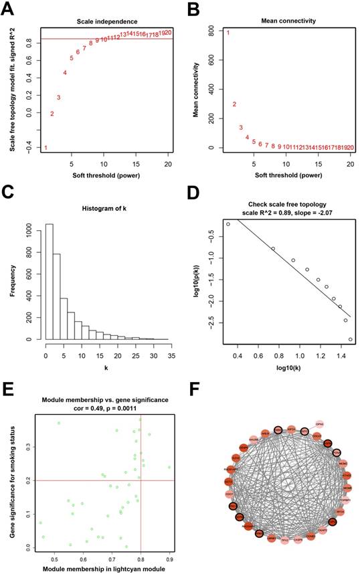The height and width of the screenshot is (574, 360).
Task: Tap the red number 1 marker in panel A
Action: pyautogui.click(x=46, y=147)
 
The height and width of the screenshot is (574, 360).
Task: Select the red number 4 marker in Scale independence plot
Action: pyautogui.click(x=65, y=73)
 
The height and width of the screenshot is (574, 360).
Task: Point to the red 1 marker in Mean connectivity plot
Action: pyautogui.click(x=228, y=32)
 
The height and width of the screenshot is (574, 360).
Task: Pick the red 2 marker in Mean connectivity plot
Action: pyautogui.click(x=234, y=104)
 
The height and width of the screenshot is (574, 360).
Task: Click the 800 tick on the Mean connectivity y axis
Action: pyautogui.click(x=210, y=31)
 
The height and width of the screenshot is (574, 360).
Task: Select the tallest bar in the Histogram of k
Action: pyautogui.click(x=49, y=281)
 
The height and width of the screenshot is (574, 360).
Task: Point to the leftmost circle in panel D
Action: pyautogui.click(x=228, y=224)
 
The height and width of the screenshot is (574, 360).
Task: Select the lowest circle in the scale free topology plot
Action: pyautogui.click(x=350, y=339)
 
